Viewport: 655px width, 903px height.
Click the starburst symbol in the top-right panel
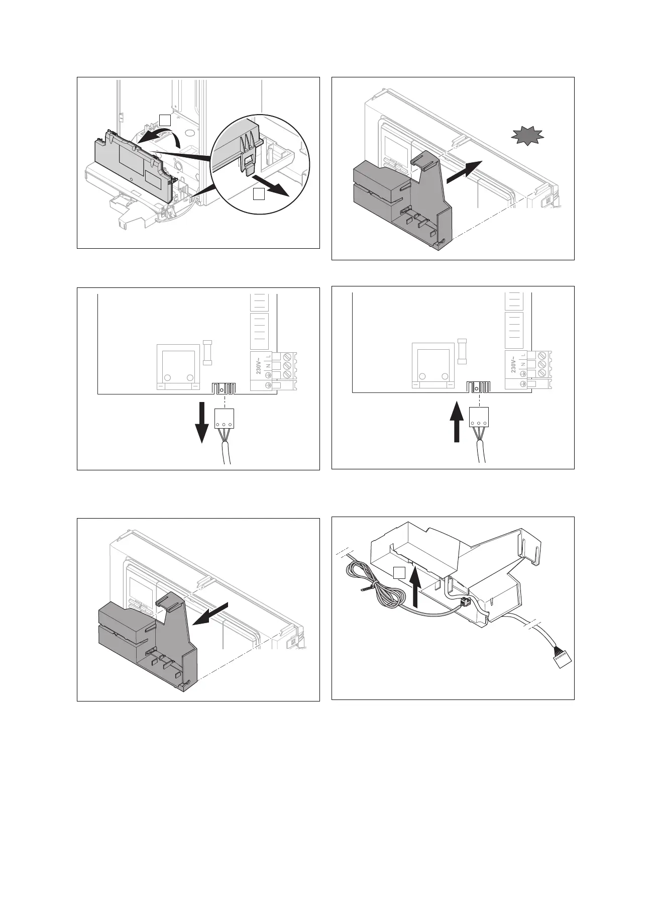pyautogui.click(x=527, y=136)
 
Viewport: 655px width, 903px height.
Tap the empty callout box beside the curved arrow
pyautogui.click(x=165, y=119)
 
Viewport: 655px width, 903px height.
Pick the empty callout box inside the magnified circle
pyautogui.click(x=258, y=194)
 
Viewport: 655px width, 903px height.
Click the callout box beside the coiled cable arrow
pyautogui.click(x=398, y=572)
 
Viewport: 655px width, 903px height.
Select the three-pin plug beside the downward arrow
pyautogui.click(x=225, y=418)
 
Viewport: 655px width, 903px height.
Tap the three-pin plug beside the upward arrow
pyautogui.click(x=479, y=417)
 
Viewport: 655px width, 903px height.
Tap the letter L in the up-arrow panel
pyautogui.click(x=523, y=355)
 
